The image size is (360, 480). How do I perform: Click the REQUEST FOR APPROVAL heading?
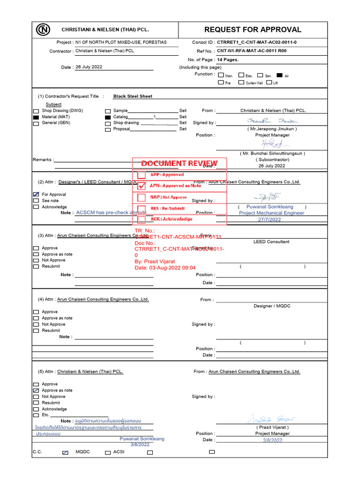pos(253,30)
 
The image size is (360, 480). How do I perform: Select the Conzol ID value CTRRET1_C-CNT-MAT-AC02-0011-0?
pos(256,42)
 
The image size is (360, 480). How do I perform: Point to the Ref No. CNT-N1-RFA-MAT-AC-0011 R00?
pos(252,51)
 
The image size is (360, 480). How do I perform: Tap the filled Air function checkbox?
pos(280,75)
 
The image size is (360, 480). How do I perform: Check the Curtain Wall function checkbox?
pos(241,82)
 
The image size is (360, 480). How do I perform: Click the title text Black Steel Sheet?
pos(133,96)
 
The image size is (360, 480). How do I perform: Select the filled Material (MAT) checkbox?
pos(36,117)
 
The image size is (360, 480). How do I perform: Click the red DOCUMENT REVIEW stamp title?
pos(180,163)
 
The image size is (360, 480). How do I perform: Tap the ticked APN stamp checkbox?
pos(142,186)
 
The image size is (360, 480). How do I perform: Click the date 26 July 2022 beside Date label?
pos(89,67)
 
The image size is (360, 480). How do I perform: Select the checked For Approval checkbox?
pos(36,195)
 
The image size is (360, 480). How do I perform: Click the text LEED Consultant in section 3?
pos(271,242)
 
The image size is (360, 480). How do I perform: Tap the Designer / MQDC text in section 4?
pos(272,306)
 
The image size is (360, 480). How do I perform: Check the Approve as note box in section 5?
pos(36,390)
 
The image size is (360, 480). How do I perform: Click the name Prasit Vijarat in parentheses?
pos(272,427)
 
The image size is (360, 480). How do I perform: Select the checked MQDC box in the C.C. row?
pos(65,452)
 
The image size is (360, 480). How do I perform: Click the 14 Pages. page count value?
pos(228,60)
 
